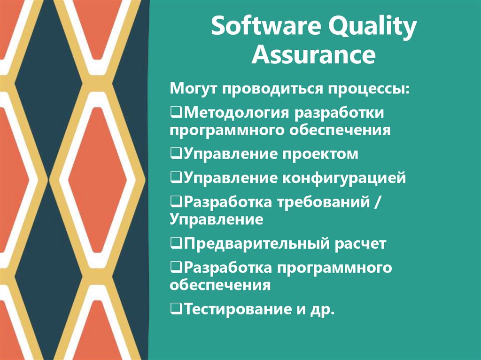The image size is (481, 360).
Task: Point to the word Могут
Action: (194, 88)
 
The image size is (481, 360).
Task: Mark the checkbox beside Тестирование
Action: (176, 309)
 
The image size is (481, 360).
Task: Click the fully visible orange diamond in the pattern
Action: (98, 180)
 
